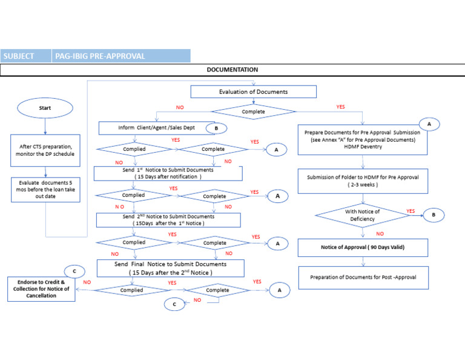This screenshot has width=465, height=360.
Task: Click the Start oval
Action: [45, 109]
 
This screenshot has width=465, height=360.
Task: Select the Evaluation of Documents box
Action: [253, 92]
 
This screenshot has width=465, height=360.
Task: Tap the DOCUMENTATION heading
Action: [232, 70]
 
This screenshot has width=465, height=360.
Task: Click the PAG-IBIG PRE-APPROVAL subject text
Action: [100, 56]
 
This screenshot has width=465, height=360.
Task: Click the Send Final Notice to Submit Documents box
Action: [170, 268]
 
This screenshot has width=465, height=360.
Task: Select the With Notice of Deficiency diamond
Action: [362, 215]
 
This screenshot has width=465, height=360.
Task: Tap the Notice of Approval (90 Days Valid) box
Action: [363, 247]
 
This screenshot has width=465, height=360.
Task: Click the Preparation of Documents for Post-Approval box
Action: [363, 278]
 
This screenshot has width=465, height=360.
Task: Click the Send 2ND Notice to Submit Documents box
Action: [168, 219]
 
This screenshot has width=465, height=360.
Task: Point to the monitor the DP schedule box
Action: [45, 150]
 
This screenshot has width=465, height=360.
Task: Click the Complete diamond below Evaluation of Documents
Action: [253, 112]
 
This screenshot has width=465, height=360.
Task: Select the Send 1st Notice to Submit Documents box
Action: [168, 173]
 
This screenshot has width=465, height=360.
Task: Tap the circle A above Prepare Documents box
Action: [429, 124]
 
